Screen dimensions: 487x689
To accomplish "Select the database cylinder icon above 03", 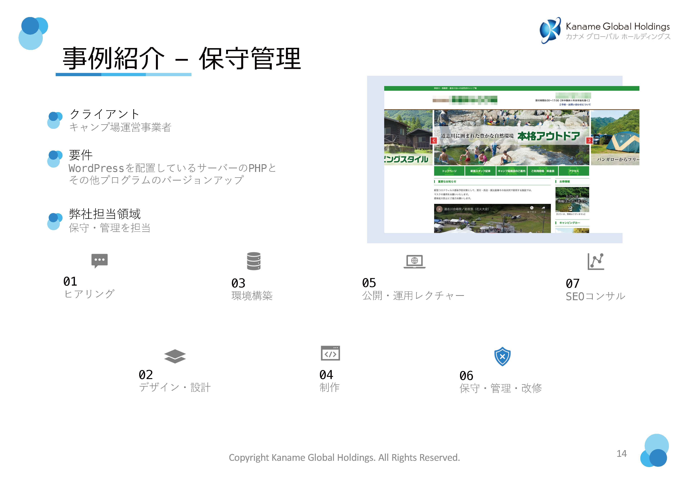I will [254, 261].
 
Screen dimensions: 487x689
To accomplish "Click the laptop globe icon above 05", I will [414, 261].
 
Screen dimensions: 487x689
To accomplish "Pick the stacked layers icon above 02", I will [175, 356].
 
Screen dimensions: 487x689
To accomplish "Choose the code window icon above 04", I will [330, 353].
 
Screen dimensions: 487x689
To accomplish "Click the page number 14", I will [621, 453].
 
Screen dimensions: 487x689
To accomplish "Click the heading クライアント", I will [104, 114].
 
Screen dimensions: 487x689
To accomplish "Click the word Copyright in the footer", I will [249, 458].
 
